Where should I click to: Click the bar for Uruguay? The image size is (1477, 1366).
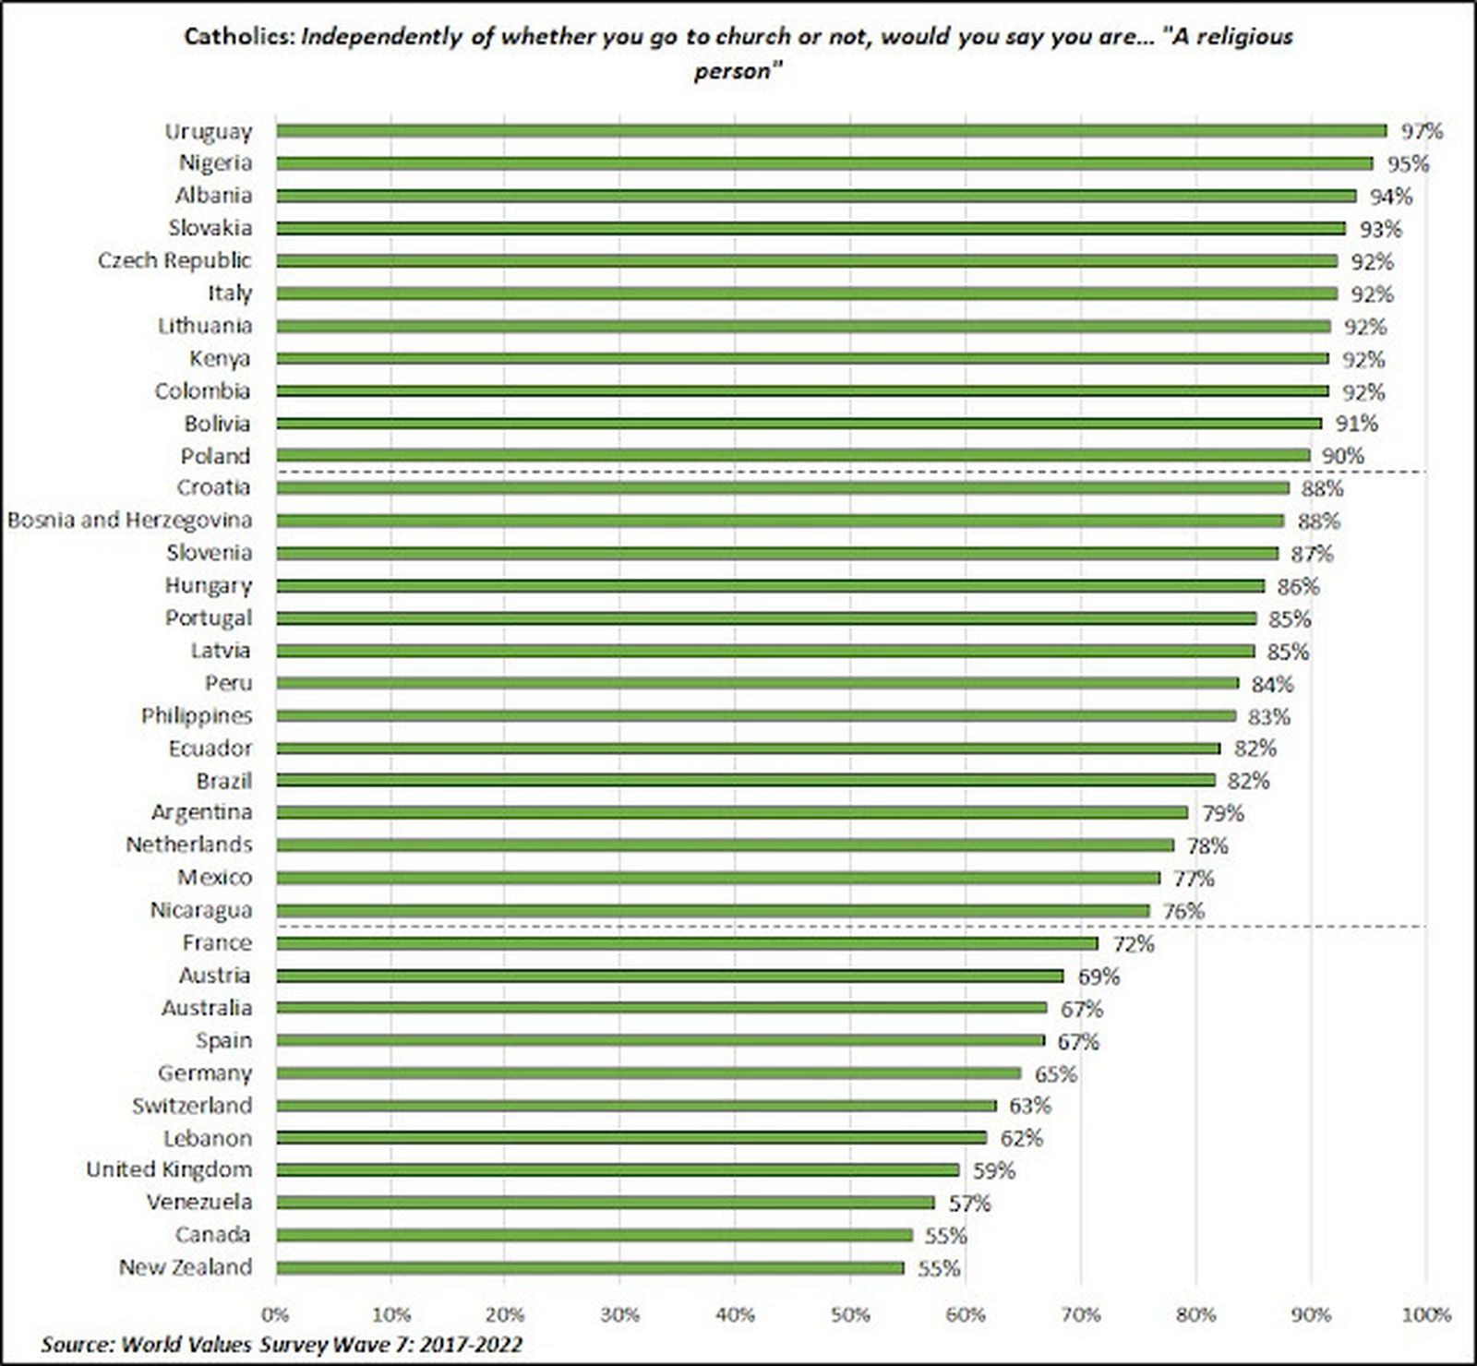831,131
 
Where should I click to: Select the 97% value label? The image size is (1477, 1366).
1422,131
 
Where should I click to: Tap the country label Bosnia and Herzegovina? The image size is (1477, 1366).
129,521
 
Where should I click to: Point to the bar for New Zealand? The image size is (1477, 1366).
591,1268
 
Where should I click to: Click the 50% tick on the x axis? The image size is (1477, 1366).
851,1314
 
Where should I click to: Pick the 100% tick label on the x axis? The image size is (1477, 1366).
1426,1314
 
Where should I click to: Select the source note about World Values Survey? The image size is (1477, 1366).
282,1344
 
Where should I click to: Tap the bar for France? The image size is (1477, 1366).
688,943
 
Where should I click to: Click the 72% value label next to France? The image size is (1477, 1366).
1133,944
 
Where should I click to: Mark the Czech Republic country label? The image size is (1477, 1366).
174,261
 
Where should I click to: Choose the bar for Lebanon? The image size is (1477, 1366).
631,1138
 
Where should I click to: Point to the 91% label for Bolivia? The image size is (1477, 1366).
1356,424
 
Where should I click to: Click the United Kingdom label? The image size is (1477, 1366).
169,1170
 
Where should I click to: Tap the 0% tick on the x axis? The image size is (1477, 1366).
275,1314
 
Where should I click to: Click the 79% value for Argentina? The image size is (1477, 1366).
1222,813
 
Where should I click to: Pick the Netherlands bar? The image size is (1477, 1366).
725,845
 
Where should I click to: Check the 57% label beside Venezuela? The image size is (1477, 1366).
969,1204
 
